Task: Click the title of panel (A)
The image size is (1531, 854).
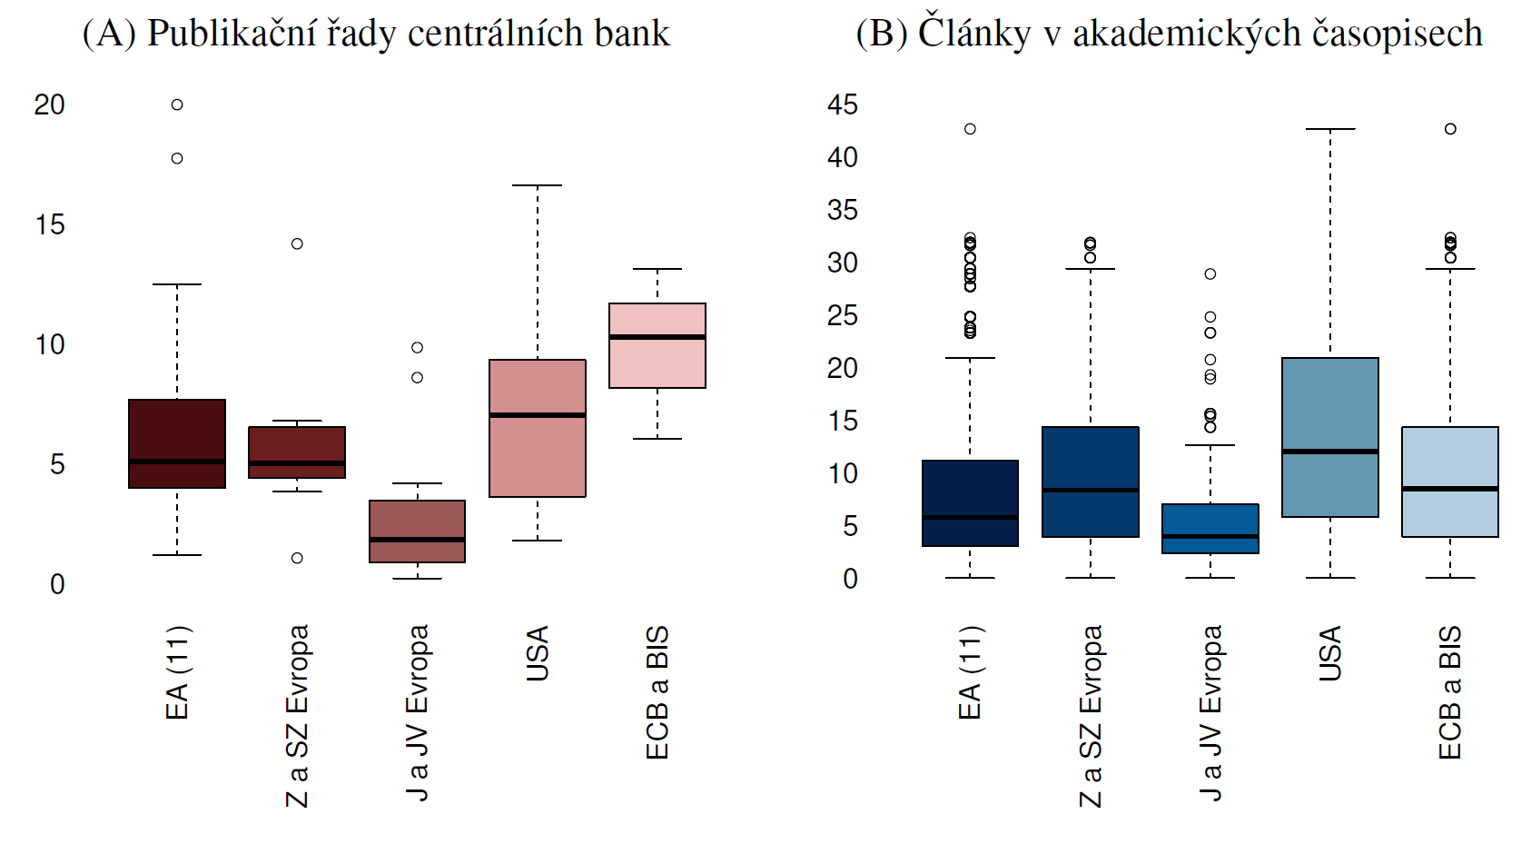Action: pyautogui.click(x=376, y=34)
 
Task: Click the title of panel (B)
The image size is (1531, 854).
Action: pyautogui.click(x=1169, y=34)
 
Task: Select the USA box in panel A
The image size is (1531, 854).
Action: pyautogui.click(x=537, y=454)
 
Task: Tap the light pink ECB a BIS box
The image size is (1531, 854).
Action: pyautogui.click(x=657, y=363)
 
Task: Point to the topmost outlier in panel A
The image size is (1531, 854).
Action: pyautogui.click(x=177, y=104)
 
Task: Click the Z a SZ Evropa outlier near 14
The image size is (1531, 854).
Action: pyautogui.click(x=297, y=243)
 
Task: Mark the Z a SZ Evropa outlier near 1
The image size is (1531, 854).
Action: pyautogui.click(x=297, y=558)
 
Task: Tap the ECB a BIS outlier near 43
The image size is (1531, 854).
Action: pyautogui.click(x=1450, y=129)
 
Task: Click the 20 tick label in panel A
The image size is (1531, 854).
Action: pyautogui.click(x=50, y=105)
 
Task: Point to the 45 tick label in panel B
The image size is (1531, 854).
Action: pyautogui.click(x=842, y=105)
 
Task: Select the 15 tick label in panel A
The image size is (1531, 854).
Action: pyautogui.click(x=50, y=225)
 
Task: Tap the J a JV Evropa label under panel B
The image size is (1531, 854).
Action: pyautogui.click(x=1210, y=712)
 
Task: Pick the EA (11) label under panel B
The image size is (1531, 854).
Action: pyautogui.click(x=970, y=672)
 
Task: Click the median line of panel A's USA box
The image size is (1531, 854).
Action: pyautogui.click(x=537, y=415)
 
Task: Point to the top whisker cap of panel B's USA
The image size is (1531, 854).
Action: pyautogui.click(x=1329, y=129)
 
